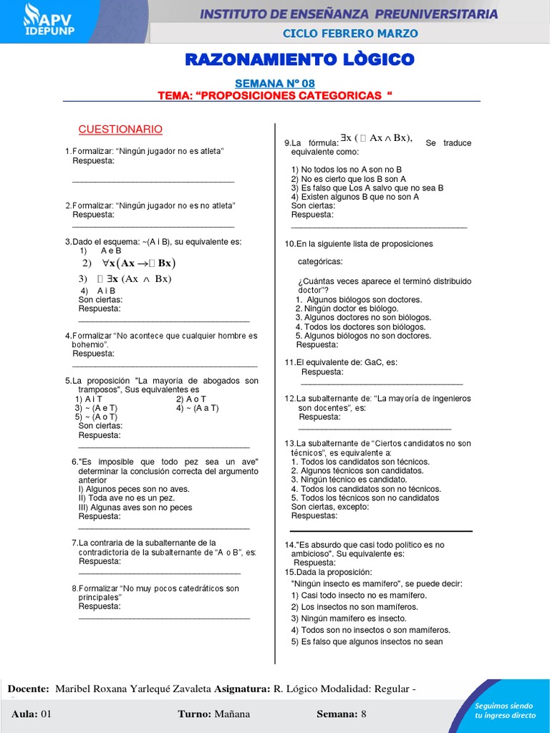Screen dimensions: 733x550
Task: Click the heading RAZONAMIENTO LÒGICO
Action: pos(299,59)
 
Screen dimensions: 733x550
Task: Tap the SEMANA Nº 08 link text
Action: pos(275,84)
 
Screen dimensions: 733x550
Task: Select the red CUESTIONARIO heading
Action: pos(120,130)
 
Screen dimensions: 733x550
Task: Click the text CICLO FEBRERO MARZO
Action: pos(350,34)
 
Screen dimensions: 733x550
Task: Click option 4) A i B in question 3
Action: pos(98,291)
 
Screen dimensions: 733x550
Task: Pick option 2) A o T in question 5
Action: pos(191,399)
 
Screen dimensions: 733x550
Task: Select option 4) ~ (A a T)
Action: pos(197,408)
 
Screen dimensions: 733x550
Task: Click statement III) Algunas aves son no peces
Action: pos(135,507)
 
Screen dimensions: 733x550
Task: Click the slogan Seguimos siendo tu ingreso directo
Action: pos(505,710)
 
